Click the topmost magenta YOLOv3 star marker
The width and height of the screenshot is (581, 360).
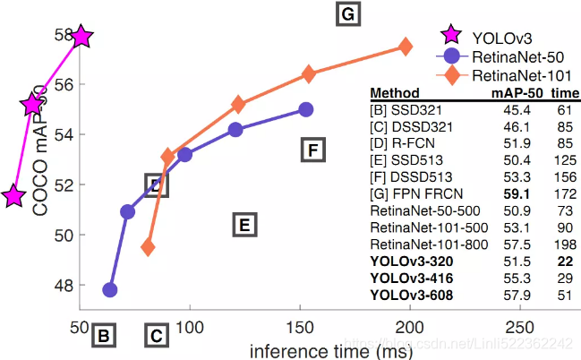pos(81,37)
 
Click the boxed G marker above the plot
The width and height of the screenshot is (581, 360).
pos(347,15)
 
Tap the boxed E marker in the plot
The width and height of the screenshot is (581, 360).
pos(244,224)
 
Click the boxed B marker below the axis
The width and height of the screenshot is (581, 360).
pos(104,337)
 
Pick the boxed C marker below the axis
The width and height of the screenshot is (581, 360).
pos(156,337)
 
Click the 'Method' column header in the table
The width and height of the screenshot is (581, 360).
pos(394,93)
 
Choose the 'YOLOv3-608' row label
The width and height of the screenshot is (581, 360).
pos(411,294)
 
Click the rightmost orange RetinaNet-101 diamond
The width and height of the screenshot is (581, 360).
pos(406,47)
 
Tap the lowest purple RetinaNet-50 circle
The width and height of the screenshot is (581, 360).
pos(110,289)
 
